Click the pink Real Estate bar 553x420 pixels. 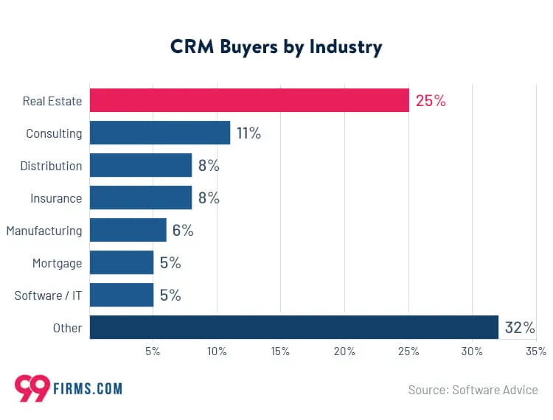(249, 100)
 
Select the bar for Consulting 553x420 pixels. (160, 133)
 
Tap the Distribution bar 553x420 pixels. (141, 166)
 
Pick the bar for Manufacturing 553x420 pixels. (128, 231)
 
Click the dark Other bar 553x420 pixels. (294, 328)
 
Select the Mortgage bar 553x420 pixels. (122, 263)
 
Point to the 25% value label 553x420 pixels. (431, 101)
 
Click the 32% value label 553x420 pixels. (520, 328)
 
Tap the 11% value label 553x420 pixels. (248, 133)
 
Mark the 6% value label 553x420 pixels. (183, 231)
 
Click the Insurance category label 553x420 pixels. (56, 198)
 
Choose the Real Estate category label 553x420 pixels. (52, 101)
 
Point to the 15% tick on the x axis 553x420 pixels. (280, 351)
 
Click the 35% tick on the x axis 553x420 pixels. (536, 351)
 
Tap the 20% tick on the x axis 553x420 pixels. (344, 351)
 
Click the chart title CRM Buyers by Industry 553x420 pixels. (276, 47)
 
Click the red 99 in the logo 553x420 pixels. (32, 388)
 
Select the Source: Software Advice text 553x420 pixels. (473, 390)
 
